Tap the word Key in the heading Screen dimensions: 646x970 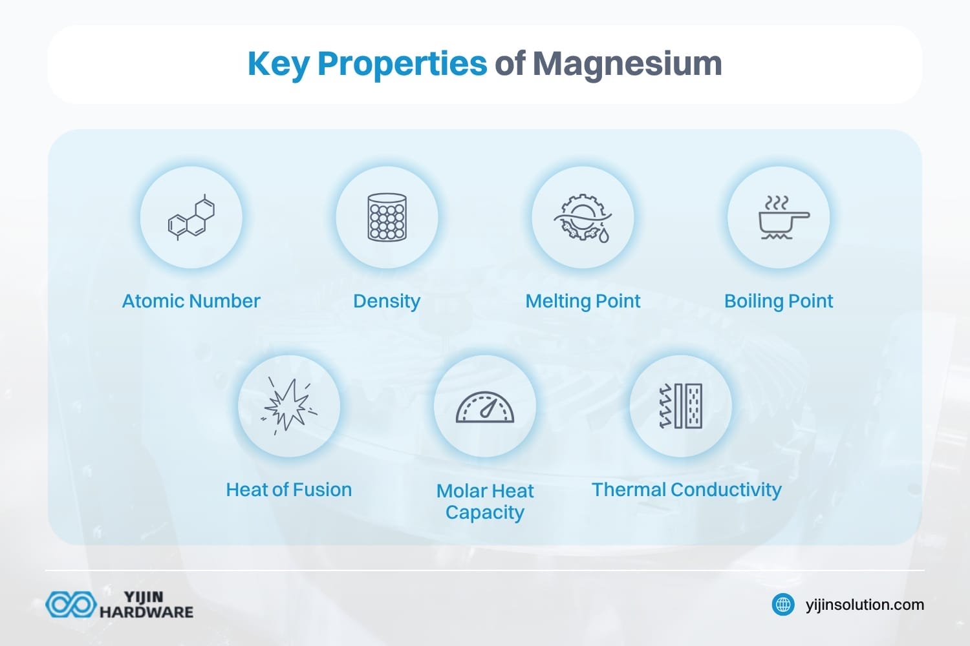278,64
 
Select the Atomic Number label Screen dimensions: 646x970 191,301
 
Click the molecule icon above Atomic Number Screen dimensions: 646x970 191,217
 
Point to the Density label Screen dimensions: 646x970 387,301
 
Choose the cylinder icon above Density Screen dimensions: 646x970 387,217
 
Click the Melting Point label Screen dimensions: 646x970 583,301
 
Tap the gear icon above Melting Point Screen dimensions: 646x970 583,217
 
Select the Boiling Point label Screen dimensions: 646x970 779,301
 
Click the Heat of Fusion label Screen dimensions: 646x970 288,490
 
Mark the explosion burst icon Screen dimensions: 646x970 289,406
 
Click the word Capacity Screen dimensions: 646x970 485,512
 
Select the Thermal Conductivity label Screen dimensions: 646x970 686,490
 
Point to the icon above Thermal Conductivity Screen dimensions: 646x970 681,406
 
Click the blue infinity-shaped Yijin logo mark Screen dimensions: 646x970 70,605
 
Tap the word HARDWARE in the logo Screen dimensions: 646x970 146,612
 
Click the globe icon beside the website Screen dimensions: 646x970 783,605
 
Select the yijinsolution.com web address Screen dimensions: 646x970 865,605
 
